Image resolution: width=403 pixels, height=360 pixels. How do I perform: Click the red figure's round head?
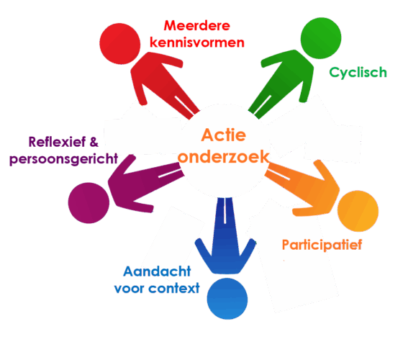[x=120, y=44]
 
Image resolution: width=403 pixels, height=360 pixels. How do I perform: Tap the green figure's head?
[x=321, y=38]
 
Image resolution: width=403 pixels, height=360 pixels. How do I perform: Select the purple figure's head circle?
[x=89, y=203]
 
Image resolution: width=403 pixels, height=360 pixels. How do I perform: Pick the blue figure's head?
[x=227, y=299]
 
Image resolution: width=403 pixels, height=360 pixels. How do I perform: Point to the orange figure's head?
[x=358, y=211]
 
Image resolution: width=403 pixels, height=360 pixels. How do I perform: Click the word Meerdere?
[x=197, y=26]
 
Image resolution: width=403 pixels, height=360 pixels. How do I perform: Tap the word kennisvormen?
[x=197, y=42]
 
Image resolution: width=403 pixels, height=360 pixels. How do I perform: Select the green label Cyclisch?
[x=358, y=73]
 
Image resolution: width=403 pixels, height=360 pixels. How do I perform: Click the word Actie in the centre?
[x=223, y=135]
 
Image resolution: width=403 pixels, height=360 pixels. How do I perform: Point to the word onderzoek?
[x=223, y=157]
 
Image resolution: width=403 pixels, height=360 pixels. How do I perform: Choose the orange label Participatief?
[x=322, y=245]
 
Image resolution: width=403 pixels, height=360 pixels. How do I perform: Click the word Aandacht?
[x=157, y=271]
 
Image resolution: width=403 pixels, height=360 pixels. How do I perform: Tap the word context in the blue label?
[x=174, y=288]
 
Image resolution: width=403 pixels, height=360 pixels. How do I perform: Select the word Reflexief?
[x=57, y=142]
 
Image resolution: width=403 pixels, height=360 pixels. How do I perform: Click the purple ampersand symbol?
[x=94, y=142]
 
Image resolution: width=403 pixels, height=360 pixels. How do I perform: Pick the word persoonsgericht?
[x=63, y=159]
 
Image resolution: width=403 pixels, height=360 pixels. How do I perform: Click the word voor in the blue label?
[x=130, y=289]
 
